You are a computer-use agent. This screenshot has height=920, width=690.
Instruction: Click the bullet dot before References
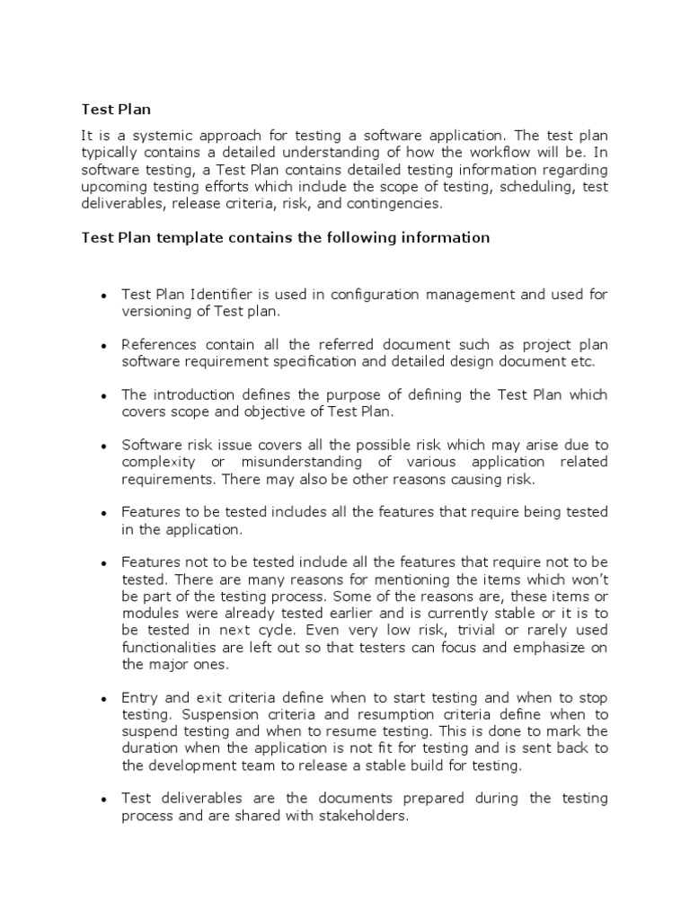(104, 346)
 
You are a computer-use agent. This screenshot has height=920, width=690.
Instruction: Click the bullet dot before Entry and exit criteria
(104, 698)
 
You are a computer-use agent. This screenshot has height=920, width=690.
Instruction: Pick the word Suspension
(215, 714)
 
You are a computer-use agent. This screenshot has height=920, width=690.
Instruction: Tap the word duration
(149, 748)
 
